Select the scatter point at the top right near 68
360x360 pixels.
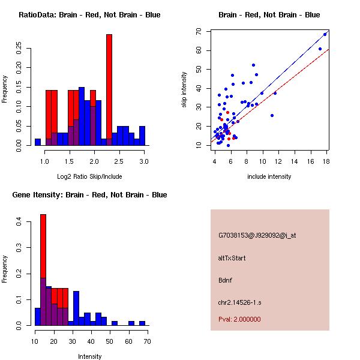(325, 34)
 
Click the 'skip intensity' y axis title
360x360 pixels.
(185, 90)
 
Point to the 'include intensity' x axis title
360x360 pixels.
(269, 176)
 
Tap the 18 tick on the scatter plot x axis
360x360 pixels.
(326, 161)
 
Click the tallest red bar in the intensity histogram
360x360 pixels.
(43, 269)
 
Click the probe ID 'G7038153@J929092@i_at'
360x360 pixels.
(257, 235)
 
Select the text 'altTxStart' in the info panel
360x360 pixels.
(232, 258)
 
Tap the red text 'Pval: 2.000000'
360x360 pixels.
(239, 319)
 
